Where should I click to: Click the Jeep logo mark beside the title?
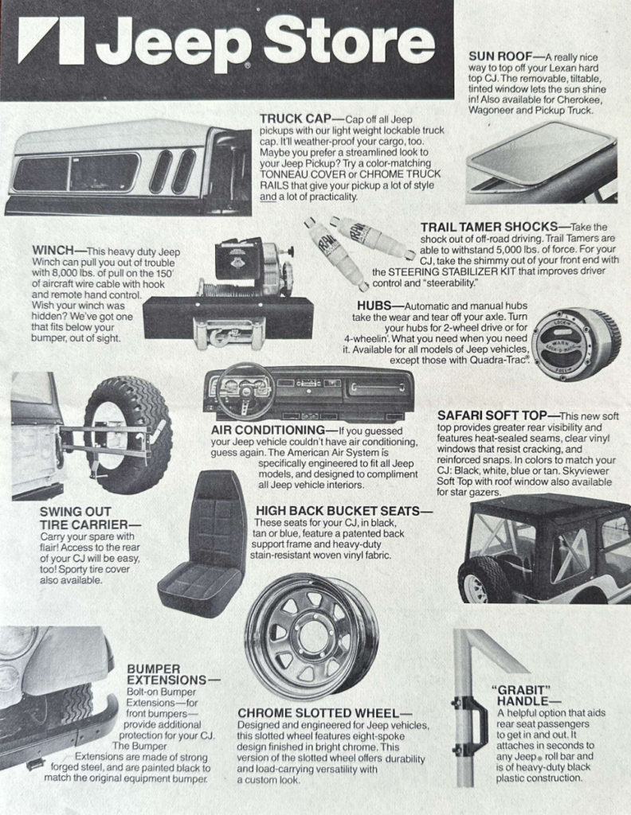[51, 41]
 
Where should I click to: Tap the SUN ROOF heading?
[500, 57]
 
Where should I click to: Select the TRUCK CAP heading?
[296, 119]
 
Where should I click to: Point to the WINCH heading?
[53, 251]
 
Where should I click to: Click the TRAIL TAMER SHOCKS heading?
[489, 227]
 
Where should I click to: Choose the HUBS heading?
[373, 306]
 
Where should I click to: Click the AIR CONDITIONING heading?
[268, 431]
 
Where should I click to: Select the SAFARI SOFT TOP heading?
[492, 415]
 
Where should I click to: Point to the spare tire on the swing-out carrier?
[127, 435]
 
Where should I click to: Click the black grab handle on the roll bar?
[472, 727]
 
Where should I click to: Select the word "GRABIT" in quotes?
[521, 690]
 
